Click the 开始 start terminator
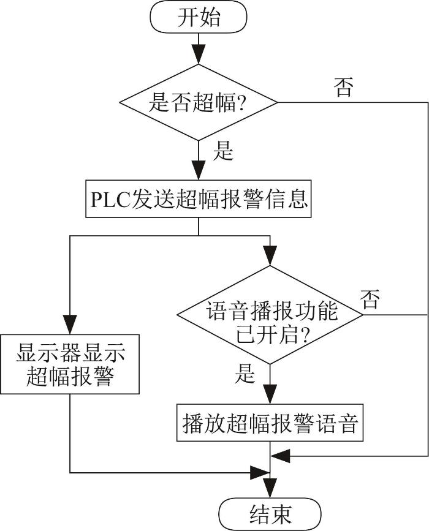click(198, 17)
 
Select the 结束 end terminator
click(270, 514)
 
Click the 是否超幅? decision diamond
click(198, 102)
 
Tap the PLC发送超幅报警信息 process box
click(198, 198)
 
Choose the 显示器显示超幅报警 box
click(70, 364)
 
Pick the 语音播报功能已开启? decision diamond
click(270, 315)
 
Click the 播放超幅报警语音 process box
click(270, 423)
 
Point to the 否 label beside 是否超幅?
click(344, 88)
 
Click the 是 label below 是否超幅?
click(223, 151)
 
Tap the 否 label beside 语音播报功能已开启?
click(370, 299)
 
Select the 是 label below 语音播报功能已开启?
click(245, 374)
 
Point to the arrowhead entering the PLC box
click(198, 170)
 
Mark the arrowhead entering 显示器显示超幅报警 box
click(70, 325)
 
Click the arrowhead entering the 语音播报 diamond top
click(270, 255)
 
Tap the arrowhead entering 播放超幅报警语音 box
click(270, 394)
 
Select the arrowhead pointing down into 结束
click(270, 488)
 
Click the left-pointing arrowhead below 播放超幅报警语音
click(280, 456)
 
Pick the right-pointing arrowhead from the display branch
click(260, 472)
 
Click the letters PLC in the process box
click(110, 199)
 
